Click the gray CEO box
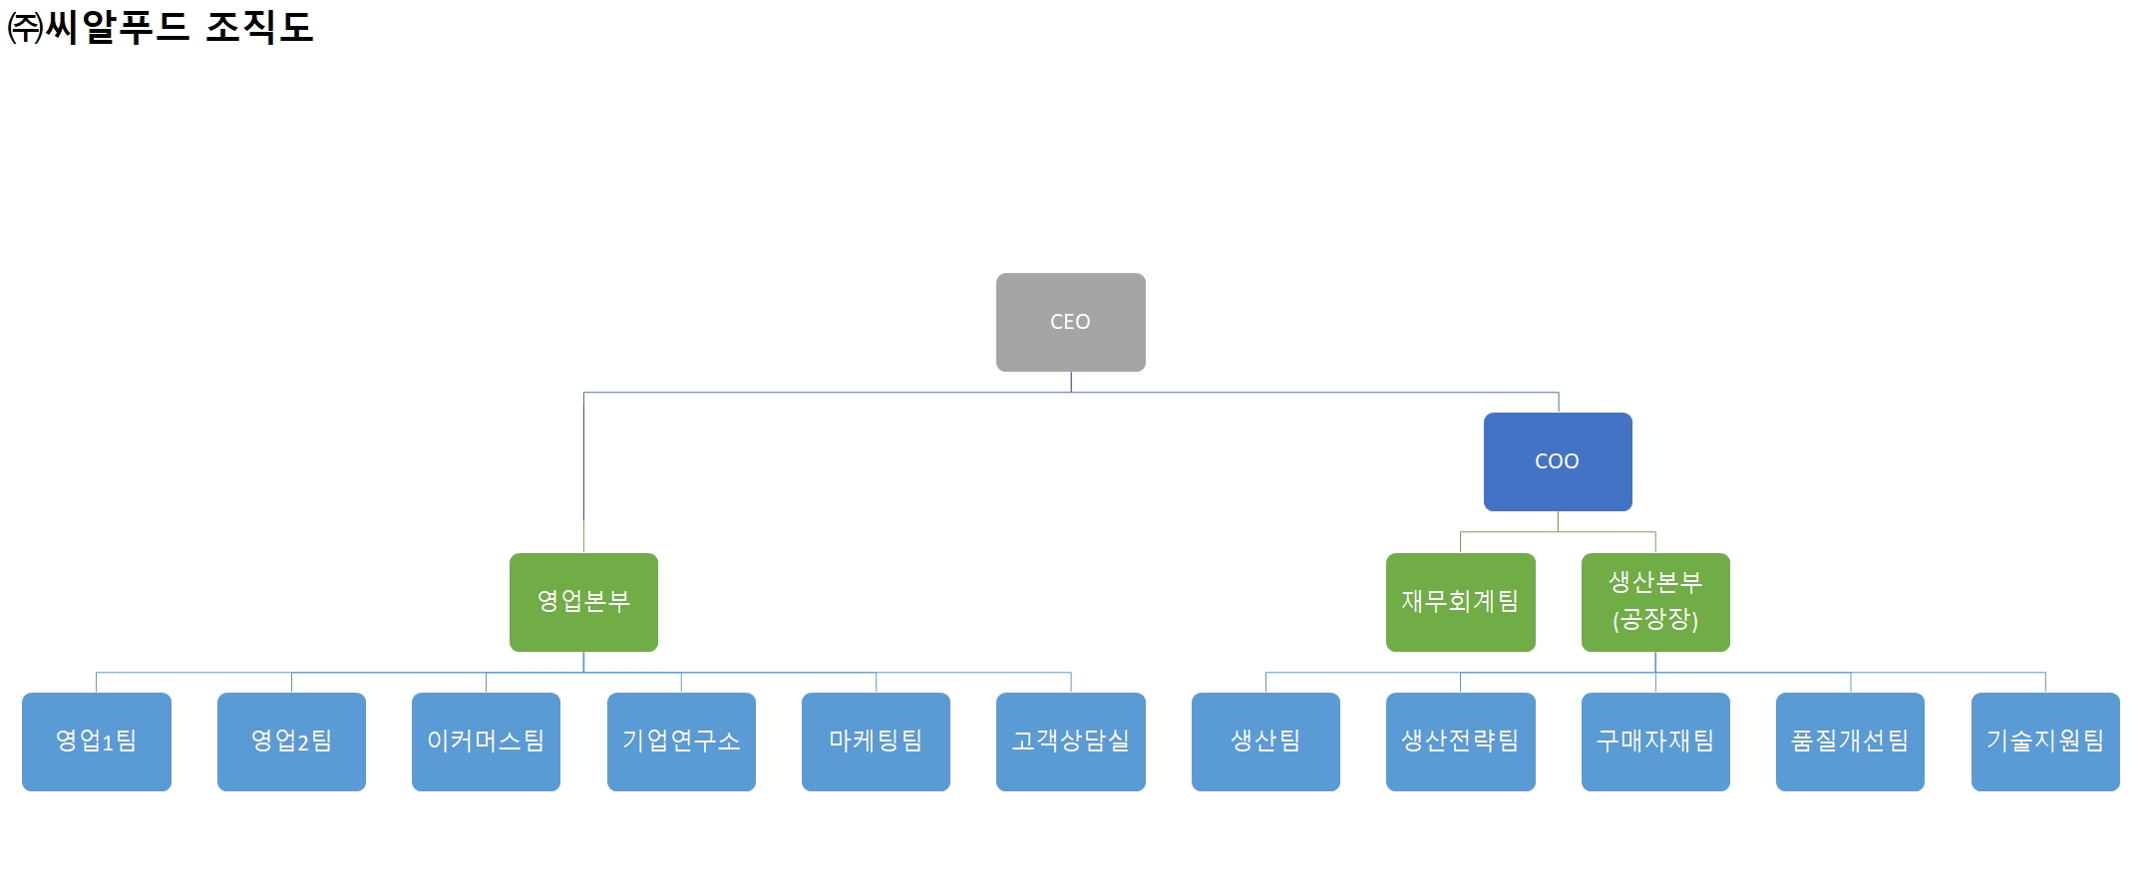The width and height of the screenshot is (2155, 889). pyautogui.click(x=1070, y=322)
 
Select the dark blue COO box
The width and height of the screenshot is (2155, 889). pyautogui.click(x=1557, y=461)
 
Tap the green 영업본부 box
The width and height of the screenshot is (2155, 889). pyautogui.click(x=583, y=602)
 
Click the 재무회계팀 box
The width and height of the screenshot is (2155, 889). pyautogui.click(x=1460, y=602)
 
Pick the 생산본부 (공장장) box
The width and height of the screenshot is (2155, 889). pyautogui.click(x=1654, y=602)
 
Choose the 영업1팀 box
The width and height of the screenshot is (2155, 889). pyautogui.click(x=97, y=741)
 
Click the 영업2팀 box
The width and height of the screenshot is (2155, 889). pyautogui.click(x=291, y=741)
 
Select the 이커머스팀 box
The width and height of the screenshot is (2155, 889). pyautogui.click(x=486, y=741)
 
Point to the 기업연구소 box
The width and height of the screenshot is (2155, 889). pyautogui.click(x=681, y=741)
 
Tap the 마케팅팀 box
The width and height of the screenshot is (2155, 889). pyautogui.click(x=876, y=741)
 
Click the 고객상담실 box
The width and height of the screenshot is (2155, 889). pyautogui.click(x=1070, y=741)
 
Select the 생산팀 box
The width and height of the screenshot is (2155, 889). pyautogui.click(x=1265, y=741)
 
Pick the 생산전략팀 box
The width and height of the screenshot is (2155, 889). pyautogui.click(x=1460, y=741)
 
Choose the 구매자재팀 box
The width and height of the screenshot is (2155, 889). pyautogui.click(x=1654, y=741)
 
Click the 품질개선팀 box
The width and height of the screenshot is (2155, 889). pyautogui.click(x=1850, y=741)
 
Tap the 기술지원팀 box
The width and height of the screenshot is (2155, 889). pyautogui.click(x=2044, y=741)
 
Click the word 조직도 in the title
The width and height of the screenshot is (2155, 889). pyautogui.click(x=259, y=27)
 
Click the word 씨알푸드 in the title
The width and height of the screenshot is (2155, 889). pyautogui.click(x=118, y=27)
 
